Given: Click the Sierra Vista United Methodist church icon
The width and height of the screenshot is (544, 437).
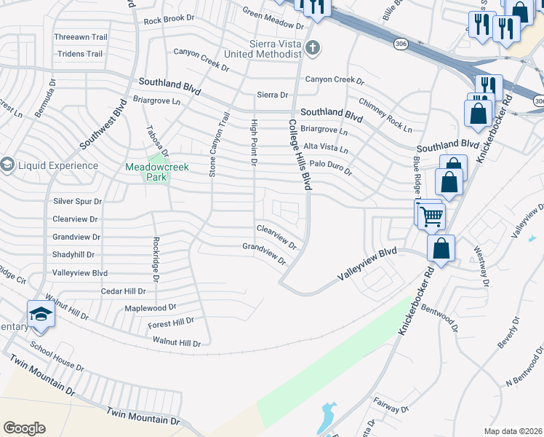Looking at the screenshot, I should click(x=313, y=49).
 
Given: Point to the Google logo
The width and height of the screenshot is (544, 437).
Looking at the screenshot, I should click(x=24, y=428).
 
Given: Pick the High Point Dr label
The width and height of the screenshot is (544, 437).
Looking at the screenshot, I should click(x=254, y=142).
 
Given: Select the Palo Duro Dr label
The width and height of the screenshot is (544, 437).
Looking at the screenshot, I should click(x=330, y=168).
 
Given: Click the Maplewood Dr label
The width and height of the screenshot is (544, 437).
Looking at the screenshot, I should click(x=151, y=307).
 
